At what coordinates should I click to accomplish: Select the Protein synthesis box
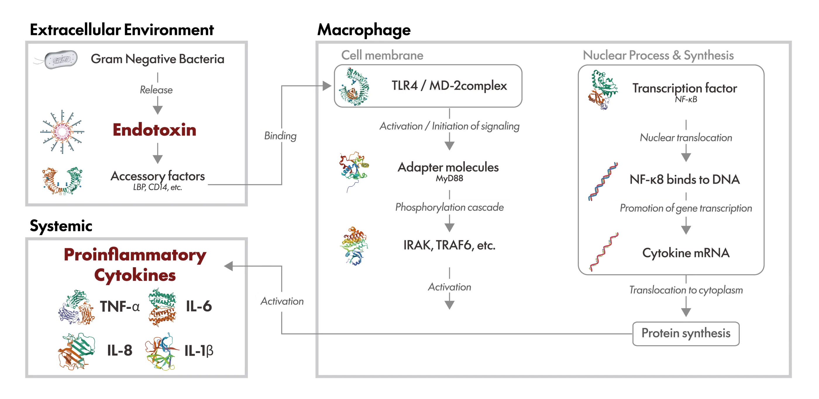tap(686, 333)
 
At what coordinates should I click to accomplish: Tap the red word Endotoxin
tap(154, 130)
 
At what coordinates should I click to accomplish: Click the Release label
tap(157, 90)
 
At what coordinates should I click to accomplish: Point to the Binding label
tap(281, 136)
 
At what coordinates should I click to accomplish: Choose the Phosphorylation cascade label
tap(449, 207)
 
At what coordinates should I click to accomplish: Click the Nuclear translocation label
tap(686, 138)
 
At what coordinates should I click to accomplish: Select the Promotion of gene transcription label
tap(686, 208)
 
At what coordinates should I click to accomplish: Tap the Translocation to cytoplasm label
tap(686, 290)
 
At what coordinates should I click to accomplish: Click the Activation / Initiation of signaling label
tap(449, 126)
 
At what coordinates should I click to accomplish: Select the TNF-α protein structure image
tap(77, 307)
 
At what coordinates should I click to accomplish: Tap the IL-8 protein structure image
tap(76, 351)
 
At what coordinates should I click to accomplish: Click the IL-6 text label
tap(199, 307)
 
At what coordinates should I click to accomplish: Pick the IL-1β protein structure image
tap(161, 352)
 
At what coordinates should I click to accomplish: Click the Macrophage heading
tap(364, 30)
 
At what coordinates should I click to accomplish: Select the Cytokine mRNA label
tap(686, 253)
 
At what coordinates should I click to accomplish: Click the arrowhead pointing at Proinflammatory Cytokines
tap(229, 266)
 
